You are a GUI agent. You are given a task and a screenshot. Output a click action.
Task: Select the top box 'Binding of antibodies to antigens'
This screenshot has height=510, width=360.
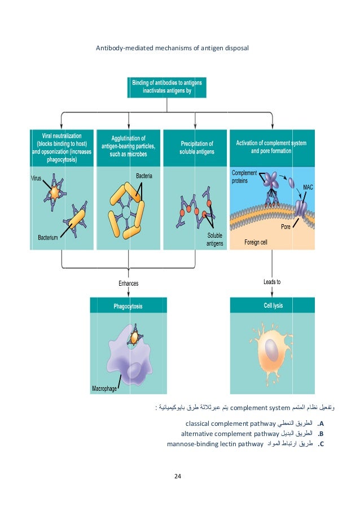[x=167, y=87]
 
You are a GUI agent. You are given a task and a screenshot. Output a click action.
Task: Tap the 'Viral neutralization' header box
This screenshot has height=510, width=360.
[x=62, y=147]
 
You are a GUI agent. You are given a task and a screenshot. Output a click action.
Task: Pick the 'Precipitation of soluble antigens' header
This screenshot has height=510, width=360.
[x=196, y=147]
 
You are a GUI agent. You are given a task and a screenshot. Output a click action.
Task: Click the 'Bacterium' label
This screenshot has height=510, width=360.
[x=44, y=238]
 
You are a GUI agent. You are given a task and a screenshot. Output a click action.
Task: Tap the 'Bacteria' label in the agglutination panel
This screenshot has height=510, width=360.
[x=144, y=176]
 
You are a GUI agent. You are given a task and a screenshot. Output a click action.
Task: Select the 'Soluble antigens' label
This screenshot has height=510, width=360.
[x=214, y=239]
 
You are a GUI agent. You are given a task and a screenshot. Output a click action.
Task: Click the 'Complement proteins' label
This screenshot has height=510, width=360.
[x=244, y=177]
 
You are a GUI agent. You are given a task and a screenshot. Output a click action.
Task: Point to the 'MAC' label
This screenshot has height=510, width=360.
[x=308, y=186]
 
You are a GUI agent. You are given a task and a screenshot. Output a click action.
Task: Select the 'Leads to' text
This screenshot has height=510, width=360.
[x=272, y=281]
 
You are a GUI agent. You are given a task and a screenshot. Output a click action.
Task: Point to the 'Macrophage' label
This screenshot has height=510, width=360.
[x=105, y=389]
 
